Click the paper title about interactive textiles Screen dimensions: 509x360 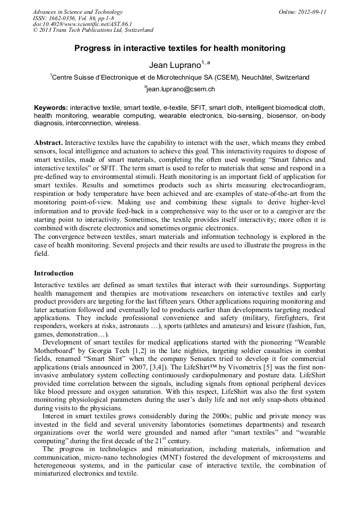click(x=179, y=48)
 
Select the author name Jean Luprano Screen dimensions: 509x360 click(x=173, y=64)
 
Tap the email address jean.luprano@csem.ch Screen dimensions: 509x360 click(x=180, y=89)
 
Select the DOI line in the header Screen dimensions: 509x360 click(x=82, y=24)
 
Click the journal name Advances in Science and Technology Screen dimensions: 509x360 click(x=78, y=12)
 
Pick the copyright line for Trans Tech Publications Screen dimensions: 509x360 click(x=93, y=30)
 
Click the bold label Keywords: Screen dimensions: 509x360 click(x=51, y=107)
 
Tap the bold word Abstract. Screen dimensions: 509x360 click(x=48, y=143)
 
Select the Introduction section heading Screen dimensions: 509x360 click(x=54, y=273)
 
